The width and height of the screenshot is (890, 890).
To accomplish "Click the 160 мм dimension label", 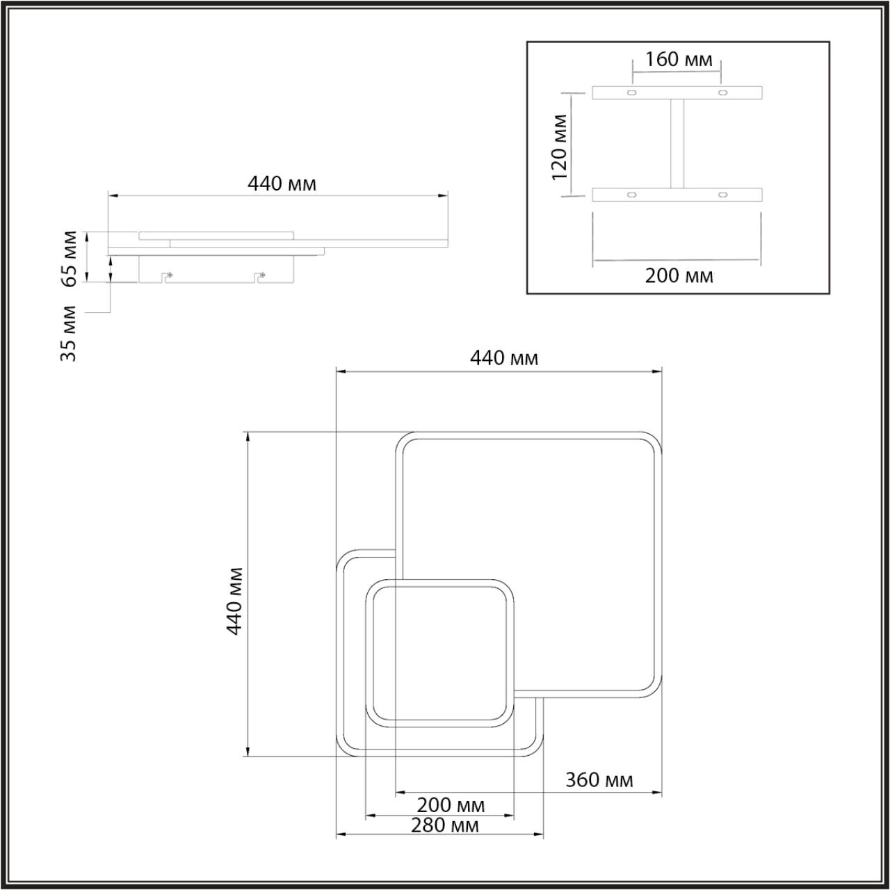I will click(679, 60).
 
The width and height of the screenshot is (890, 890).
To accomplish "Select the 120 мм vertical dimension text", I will click(560, 146).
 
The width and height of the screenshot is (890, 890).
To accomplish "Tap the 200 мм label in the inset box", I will click(679, 276).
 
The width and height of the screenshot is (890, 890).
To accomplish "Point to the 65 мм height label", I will click(70, 257).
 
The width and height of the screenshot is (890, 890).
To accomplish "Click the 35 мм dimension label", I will click(69, 332).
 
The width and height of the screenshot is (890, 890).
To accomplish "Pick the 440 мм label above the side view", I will click(282, 184).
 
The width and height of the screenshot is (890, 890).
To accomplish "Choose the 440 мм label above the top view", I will click(503, 358).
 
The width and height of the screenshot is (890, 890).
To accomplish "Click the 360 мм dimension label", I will click(599, 779).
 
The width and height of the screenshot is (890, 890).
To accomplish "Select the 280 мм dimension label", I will click(444, 825).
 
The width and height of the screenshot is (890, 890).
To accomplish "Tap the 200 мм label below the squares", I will click(451, 806).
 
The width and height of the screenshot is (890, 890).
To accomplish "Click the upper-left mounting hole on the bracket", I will click(632, 93).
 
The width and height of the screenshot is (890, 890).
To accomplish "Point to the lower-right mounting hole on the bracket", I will click(723, 195).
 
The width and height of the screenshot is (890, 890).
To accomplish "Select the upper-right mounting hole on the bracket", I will click(723, 93).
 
